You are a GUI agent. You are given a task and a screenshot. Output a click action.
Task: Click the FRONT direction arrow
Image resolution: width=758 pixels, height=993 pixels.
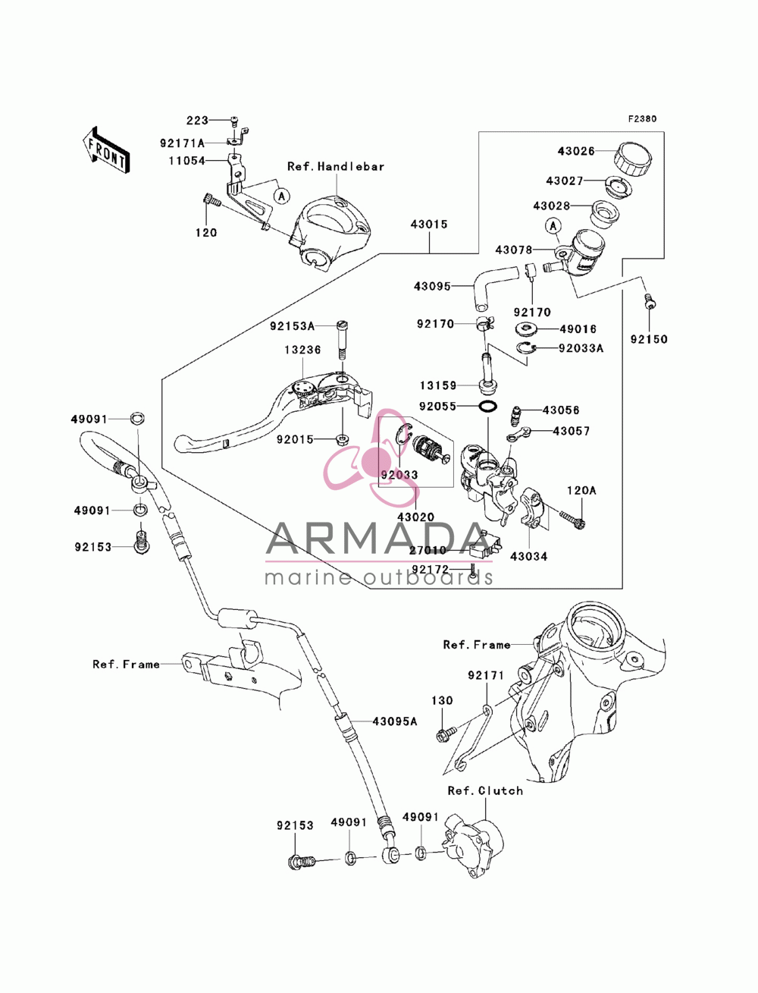pyautogui.click(x=106, y=149)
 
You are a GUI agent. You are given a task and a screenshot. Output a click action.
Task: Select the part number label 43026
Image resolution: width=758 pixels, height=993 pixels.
pyautogui.click(x=575, y=151)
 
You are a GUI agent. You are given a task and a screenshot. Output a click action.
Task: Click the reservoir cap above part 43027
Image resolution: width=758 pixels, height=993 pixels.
pyautogui.click(x=633, y=158)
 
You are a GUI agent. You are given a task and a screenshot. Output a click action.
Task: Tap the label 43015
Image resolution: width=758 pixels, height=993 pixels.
pyautogui.click(x=428, y=224)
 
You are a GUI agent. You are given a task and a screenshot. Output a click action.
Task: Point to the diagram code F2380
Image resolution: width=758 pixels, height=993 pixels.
pyautogui.click(x=642, y=119)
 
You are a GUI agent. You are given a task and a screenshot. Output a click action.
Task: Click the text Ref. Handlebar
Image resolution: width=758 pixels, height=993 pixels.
pyautogui.click(x=335, y=166)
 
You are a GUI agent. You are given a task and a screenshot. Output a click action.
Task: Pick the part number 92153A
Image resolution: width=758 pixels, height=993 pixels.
pyautogui.click(x=292, y=325)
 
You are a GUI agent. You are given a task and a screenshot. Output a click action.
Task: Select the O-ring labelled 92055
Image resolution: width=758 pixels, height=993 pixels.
pyautogui.click(x=488, y=407)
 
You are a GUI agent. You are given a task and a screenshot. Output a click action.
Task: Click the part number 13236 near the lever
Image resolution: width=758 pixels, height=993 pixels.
pyautogui.click(x=302, y=350)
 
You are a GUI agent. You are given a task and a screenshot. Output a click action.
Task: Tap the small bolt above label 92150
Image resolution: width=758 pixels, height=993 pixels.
pyautogui.click(x=649, y=300)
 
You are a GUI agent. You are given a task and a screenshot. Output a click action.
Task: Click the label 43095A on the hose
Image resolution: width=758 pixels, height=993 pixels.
pyautogui.click(x=394, y=721)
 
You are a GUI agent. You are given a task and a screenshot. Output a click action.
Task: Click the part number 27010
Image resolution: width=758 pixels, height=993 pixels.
pyautogui.click(x=428, y=550)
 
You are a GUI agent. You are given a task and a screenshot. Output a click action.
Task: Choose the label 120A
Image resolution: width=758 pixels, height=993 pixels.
pyautogui.click(x=581, y=490)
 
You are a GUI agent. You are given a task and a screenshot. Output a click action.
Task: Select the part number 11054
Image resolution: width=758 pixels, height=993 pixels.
pyautogui.click(x=186, y=161)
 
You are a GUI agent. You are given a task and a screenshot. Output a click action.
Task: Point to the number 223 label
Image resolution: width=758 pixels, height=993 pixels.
pyautogui.click(x=198, y=121)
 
